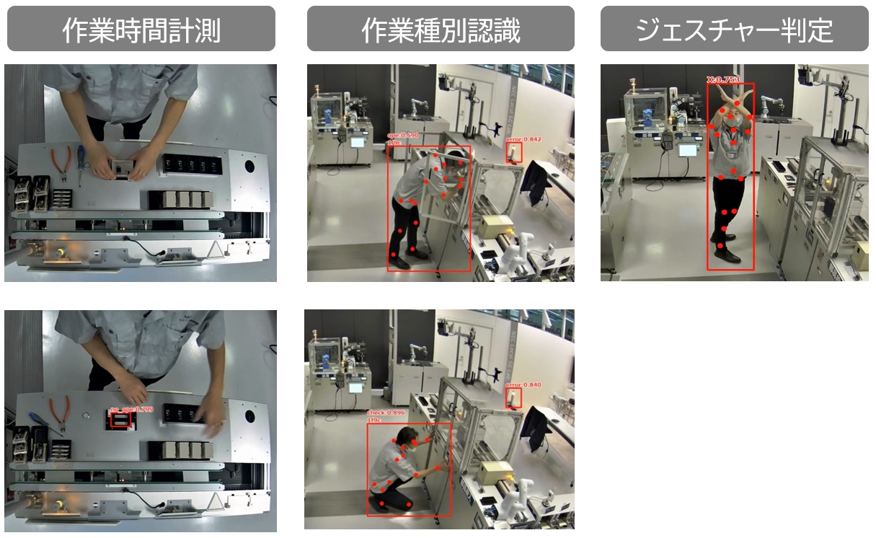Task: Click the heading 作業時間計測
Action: (141, 30)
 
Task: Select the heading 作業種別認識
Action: (441, 30)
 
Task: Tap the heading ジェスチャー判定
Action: (734, 30)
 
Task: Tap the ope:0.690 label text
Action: (403, 135)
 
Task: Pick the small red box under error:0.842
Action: (513, 153)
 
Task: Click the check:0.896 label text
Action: (383, 413)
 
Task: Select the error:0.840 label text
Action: (523, 385)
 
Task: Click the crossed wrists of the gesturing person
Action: (731, 109)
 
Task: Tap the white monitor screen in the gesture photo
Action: (689, 150)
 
